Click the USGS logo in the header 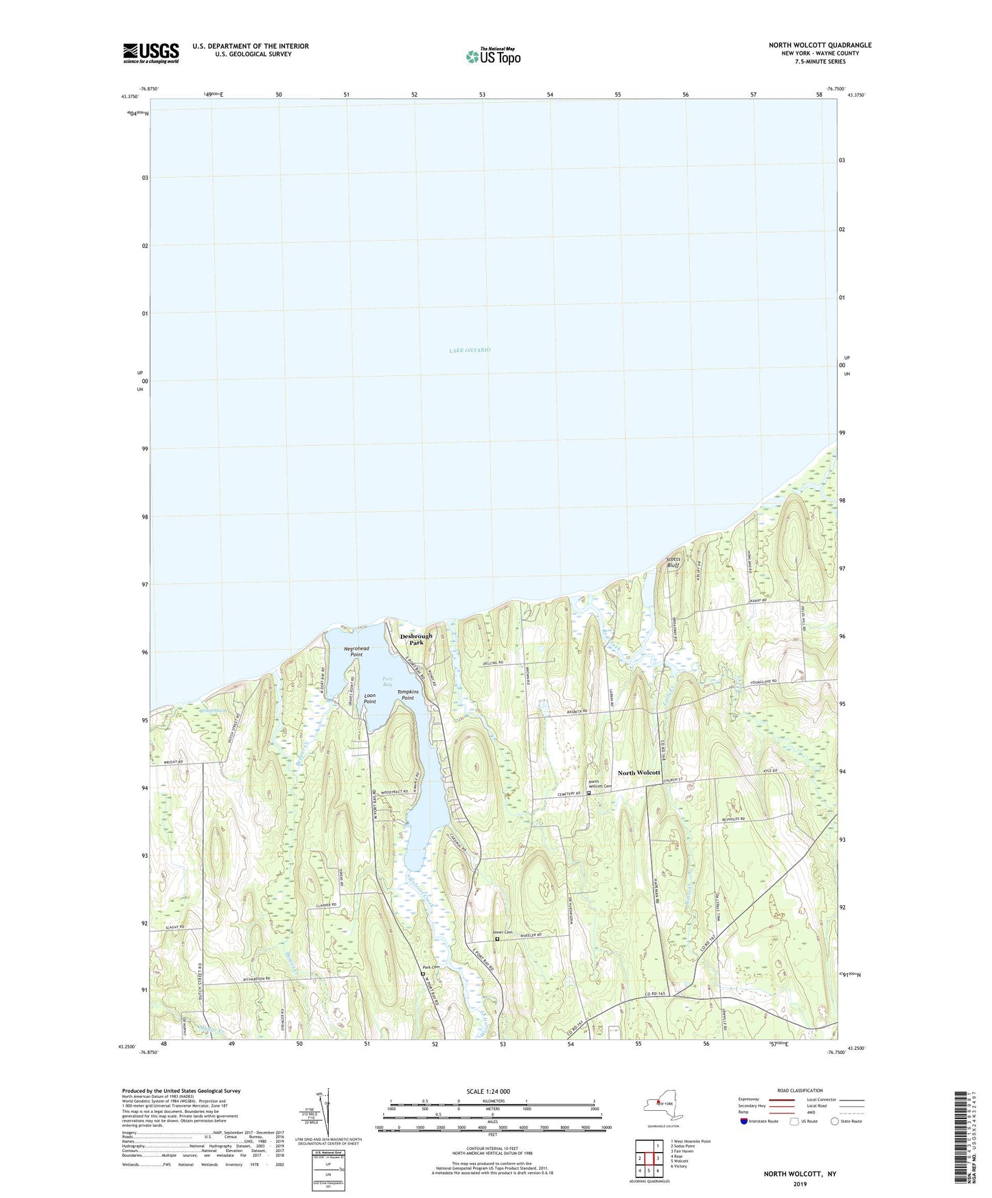[x=151, y=52]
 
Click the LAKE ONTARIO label [x=470, y=351]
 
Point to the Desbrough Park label [x=416, y=639]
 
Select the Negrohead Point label [x=356, y=651]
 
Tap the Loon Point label [x=369, y=698]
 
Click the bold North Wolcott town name [x=638, y=773]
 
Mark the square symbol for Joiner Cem [x=497, y=939]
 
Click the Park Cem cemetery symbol [x=423, y=973]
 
